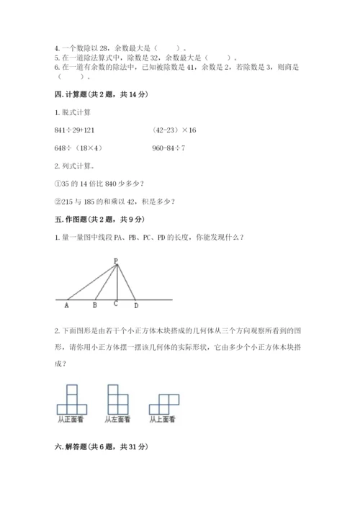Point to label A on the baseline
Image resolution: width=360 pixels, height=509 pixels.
[x=66, y=305]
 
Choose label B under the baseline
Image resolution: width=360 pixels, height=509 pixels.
[x=95, y=305]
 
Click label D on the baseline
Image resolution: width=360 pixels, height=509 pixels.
[x=135, y=305]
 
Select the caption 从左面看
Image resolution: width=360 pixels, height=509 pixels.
[x=117, y=419]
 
